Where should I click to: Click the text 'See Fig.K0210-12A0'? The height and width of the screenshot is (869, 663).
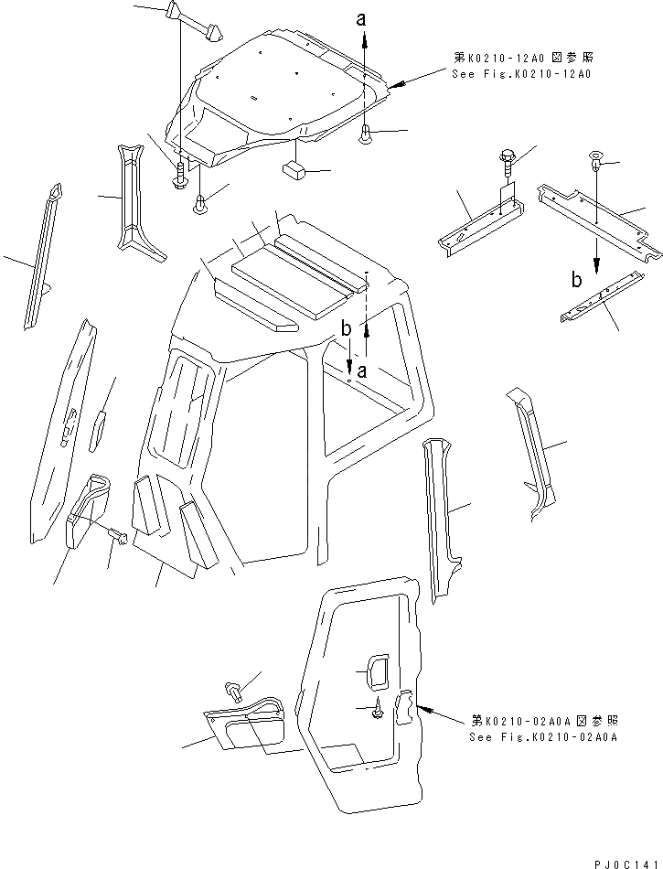point(520,73)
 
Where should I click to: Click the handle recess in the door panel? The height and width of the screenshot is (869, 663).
point(376,671)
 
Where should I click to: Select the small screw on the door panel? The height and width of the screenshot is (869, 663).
point(376,709)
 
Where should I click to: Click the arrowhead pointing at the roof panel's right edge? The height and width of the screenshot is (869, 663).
point(394,86)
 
